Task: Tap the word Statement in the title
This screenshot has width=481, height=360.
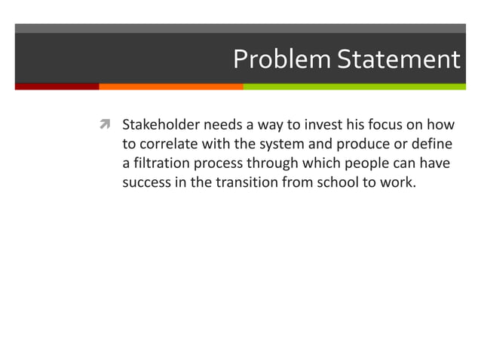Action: coord(397,59)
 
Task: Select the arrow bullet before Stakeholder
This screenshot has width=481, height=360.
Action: coord(106,124)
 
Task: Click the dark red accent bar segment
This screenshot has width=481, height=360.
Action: coord(57,87)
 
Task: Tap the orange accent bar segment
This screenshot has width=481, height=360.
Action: coord(170,87)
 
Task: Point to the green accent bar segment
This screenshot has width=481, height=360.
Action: coord(354,87)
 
